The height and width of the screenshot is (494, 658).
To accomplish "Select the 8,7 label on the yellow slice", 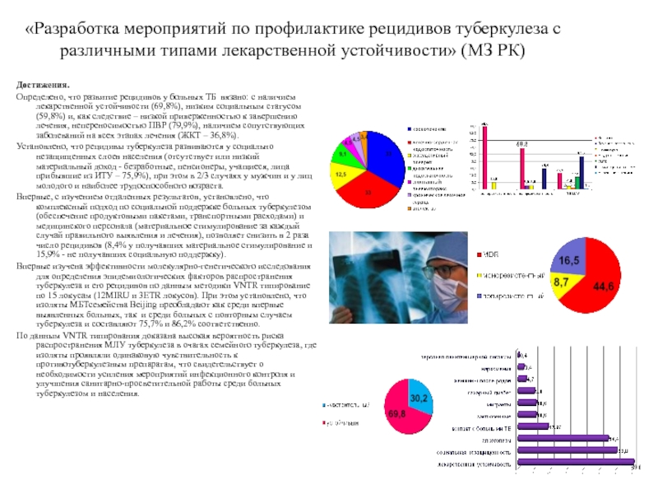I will coord(561,282).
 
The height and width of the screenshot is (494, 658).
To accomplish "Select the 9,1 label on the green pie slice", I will coord(341,153).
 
